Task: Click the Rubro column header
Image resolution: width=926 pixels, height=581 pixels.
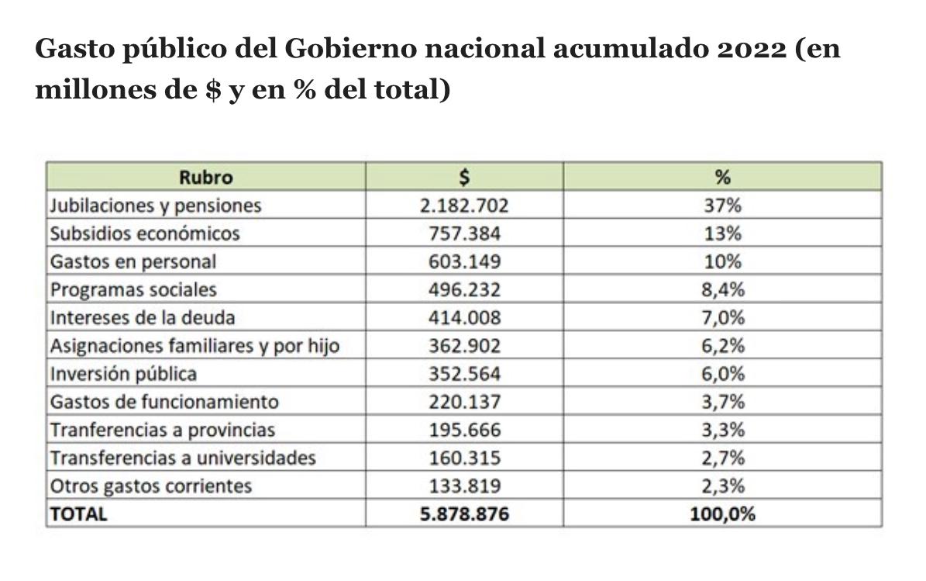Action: pos(205,177)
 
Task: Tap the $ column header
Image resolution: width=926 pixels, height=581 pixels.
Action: pos(464,177)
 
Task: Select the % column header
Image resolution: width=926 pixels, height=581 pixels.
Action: pos(722,177)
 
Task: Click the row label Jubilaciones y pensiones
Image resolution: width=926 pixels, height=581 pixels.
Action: pos(156,206)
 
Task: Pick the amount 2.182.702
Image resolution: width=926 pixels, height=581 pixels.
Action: pos(465,206)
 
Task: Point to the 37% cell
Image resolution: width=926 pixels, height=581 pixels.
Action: pos(722,206)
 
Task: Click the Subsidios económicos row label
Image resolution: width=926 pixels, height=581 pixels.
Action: pos(145,233)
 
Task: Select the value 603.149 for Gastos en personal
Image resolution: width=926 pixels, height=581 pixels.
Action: pos(465,261)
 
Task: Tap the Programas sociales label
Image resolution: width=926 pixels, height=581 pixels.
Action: pos(133,289)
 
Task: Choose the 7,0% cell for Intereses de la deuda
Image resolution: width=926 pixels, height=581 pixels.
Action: pos(722,317)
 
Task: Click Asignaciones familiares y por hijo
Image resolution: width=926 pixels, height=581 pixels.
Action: pos(194,345)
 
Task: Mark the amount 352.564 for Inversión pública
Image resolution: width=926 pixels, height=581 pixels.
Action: pos(465,373)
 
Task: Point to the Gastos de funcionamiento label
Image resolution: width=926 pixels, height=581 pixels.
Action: pos(164,402)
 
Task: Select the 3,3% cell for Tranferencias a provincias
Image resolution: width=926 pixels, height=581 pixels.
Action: pos(722,430)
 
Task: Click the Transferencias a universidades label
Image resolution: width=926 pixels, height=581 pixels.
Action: pos(183,458)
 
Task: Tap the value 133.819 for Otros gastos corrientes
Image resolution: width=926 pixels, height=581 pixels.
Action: pos(465,486)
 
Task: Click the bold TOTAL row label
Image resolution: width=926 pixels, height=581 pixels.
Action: pos(78,514)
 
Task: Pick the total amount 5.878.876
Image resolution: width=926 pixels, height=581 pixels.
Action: pos(465,514)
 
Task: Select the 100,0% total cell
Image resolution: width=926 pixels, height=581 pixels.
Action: pos(722,514)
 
